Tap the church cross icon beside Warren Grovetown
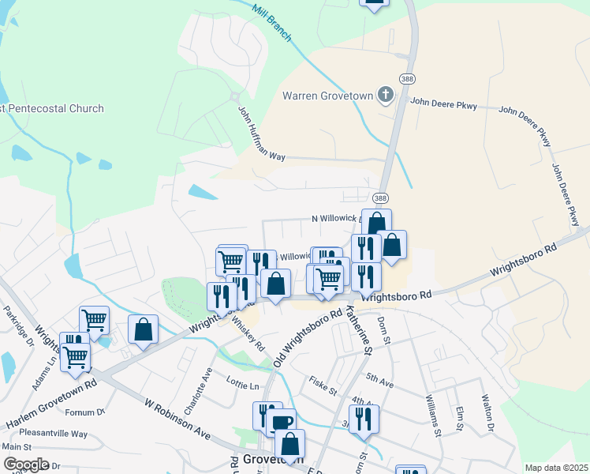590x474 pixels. (386, 96)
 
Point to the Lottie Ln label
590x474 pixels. (243, 386)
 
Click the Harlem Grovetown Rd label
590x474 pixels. (52, 406)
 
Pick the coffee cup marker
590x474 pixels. (280, 422)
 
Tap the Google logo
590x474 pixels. (26, 465)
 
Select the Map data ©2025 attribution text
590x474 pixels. (555, 468)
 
